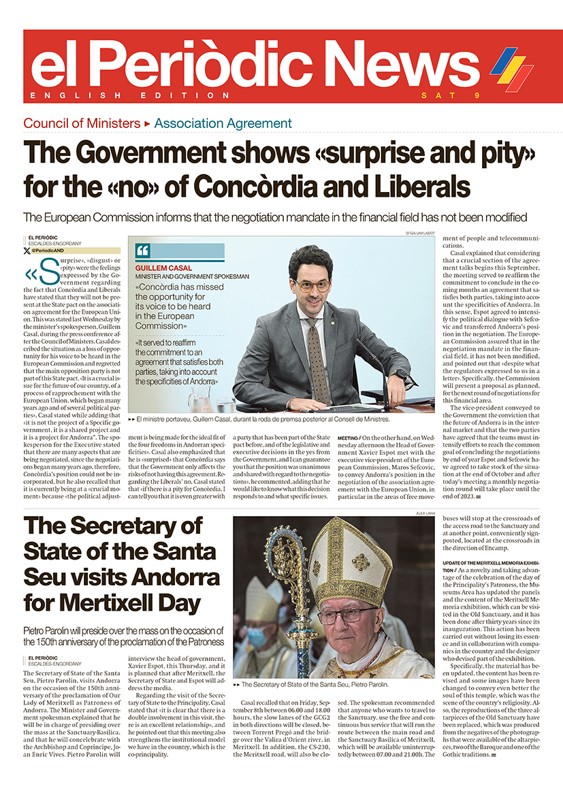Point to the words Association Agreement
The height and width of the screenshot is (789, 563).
pyautogui.click(x=223, y=123)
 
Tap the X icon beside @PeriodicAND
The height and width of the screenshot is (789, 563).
pyautogui.click(x=27, y=251)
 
